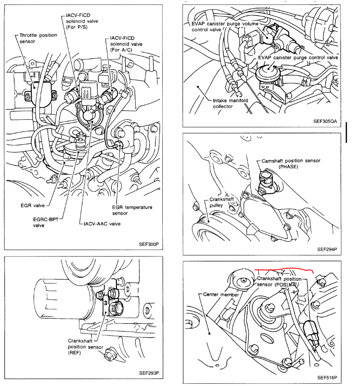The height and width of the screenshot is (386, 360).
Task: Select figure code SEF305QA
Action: tap(325, 122)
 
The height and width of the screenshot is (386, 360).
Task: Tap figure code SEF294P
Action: tap(327, 249)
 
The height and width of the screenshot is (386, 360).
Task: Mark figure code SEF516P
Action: tap(327, 377)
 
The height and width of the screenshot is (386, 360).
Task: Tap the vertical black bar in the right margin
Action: tap(346, 132)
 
